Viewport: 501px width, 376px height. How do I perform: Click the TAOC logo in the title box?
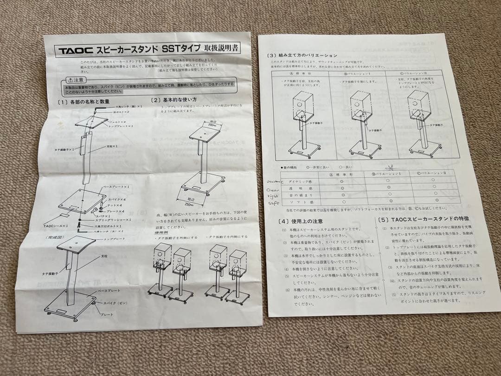click(x=75, y=51)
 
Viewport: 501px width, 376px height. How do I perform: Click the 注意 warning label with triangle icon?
click(x=75, y=80)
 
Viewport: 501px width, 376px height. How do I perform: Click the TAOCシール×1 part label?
click(x=55, y=226)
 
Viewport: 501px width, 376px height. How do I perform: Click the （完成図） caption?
click(x=55, y=237)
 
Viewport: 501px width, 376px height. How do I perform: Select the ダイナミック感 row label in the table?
click(x=300, y=182)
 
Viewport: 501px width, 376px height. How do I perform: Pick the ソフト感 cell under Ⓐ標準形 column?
click(x=343, y=202)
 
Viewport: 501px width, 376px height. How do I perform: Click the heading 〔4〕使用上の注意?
click(x=301, y=221)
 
